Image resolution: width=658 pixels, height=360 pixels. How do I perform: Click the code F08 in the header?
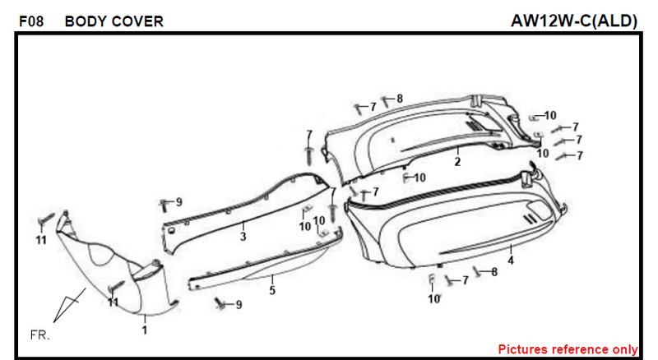31,21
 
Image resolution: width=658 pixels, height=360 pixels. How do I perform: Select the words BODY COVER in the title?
114,21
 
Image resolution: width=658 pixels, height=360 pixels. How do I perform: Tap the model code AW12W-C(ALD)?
573,21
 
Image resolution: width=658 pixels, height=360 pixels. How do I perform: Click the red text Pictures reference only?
568,349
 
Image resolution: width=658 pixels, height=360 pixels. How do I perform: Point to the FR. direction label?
39,335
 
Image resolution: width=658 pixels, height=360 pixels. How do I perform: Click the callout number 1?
145,330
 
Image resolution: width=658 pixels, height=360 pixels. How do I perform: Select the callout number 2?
457,162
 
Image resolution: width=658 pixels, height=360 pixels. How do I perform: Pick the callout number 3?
243,237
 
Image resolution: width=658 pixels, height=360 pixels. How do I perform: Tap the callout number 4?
511,261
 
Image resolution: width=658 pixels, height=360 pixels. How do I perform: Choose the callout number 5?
272,290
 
